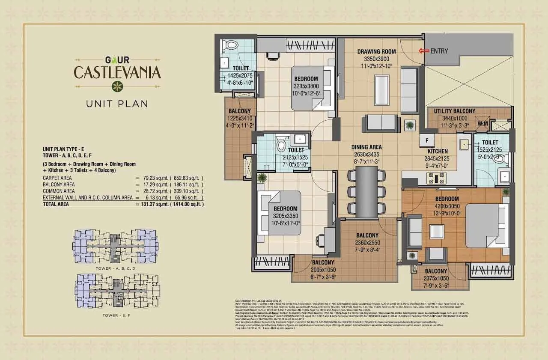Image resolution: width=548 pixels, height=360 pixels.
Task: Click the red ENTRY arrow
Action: (423, 51)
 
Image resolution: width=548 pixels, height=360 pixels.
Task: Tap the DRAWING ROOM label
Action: (376, 52)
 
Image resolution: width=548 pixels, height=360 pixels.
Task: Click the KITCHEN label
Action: (437, 151)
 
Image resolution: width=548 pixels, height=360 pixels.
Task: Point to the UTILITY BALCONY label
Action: (454, 111)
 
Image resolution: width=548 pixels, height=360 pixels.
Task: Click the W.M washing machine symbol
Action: (482, 124)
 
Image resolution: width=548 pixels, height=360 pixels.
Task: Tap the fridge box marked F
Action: (427, 140)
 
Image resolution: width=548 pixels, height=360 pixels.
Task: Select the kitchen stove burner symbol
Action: (437, 177)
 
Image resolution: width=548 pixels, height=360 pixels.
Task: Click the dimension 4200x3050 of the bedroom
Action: (447, 205)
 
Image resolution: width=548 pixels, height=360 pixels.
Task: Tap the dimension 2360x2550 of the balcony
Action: (367, 242)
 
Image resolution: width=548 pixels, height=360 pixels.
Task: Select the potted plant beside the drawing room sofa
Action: (410, 125)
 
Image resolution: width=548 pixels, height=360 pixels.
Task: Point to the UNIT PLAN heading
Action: (117, 103)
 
